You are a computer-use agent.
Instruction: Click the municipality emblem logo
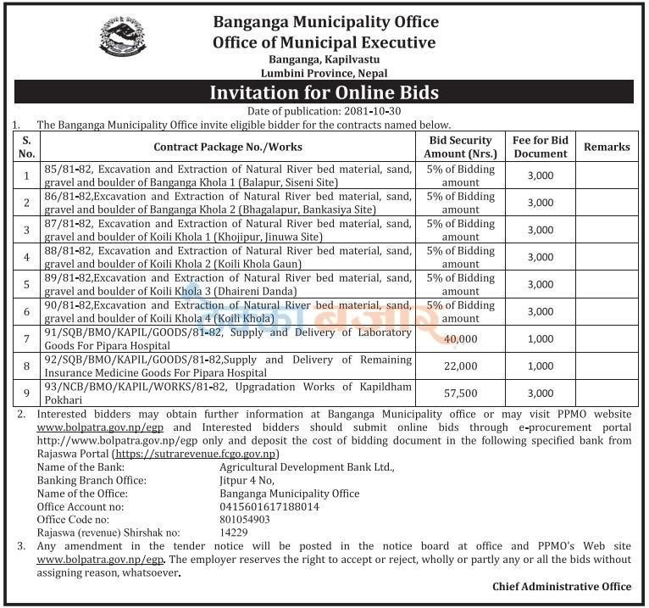(122, 36)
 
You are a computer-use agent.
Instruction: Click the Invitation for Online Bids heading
(324, 92)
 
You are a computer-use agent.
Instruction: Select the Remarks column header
(607, 147)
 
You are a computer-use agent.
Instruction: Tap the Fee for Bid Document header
(540, 147)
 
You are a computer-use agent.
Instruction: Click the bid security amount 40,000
(460, 338)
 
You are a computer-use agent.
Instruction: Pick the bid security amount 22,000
(460, 365)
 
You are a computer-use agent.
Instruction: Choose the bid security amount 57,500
(460, 393)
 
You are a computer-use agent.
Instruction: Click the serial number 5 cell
(26, 284)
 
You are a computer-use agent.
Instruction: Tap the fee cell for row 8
(540, 365)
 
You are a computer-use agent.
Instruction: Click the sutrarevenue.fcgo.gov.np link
(196, 454)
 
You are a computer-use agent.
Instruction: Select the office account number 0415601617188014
(269, 506)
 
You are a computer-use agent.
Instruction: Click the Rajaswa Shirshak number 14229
(235, 532)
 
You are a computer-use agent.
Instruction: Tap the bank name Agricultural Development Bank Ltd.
(307, 467)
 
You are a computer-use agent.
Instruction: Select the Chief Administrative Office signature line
(561, 586)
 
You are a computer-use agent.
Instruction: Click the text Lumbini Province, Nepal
(324, 73)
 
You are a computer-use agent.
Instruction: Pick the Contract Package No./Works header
(228, 147)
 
